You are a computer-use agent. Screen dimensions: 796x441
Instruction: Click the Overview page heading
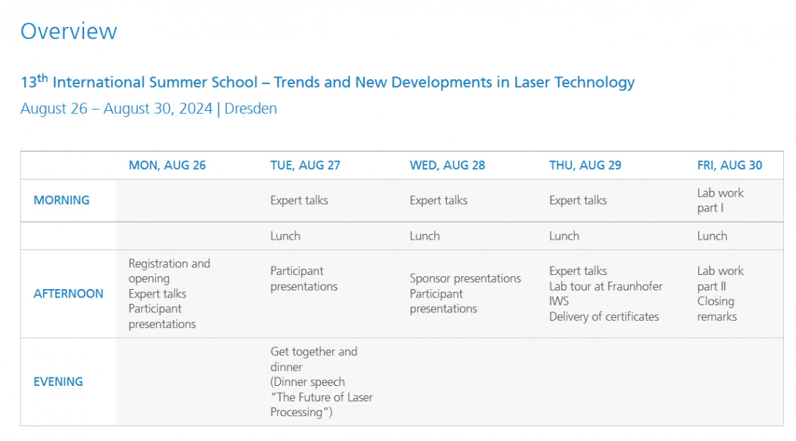[x=69, y=31]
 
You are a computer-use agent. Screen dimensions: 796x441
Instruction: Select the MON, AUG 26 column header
[x=167, y=165]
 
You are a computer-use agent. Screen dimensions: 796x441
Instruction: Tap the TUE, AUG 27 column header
[x=305, y=165]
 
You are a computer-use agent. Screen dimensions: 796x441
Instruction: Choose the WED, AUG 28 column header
[x=447, y=165]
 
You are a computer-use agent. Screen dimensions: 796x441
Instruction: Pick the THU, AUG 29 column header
[x=585, y=165]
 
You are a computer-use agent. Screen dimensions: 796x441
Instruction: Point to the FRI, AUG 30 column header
[x=730, y=165]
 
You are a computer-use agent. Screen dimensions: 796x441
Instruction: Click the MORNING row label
[x=62, y=201]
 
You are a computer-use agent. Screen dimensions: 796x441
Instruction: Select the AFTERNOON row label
[x=68, y=294]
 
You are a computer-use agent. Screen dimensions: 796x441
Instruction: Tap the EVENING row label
[x=58, y=382]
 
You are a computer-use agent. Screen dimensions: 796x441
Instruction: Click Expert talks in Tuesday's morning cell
[x=299, y=201]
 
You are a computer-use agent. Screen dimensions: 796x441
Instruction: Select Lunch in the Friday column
[x=712, y=236]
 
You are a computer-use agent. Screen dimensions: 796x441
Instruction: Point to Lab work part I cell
[x=720, y=201]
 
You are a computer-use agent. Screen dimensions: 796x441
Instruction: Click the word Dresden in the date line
[x=250, y=109]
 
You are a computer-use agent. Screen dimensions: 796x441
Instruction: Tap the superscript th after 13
[x=42, y=78]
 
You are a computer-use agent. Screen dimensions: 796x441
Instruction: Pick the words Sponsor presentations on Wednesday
[x=465, y=278]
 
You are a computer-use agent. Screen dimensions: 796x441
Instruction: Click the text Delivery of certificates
[x=604, y=317]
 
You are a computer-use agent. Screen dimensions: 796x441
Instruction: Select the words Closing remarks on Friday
[x=716, y=309]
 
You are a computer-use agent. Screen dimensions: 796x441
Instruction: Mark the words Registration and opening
[x=169, y=271]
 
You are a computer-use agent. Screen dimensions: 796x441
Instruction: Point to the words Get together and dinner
[x=314, y=359]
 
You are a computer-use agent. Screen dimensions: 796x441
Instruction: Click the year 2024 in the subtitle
[x=195, y=109]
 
